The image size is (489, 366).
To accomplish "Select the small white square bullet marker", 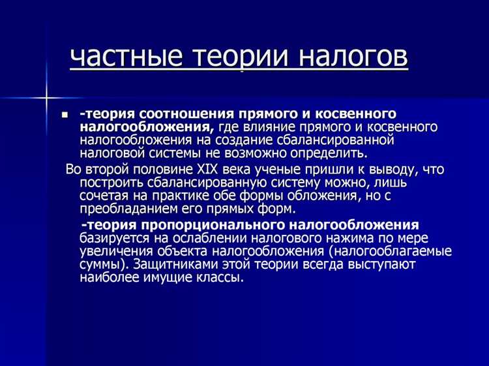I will tap(65, 115).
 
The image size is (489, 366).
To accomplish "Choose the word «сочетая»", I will tap(104, 196).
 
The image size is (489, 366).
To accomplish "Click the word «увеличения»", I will tap(115, 251).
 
